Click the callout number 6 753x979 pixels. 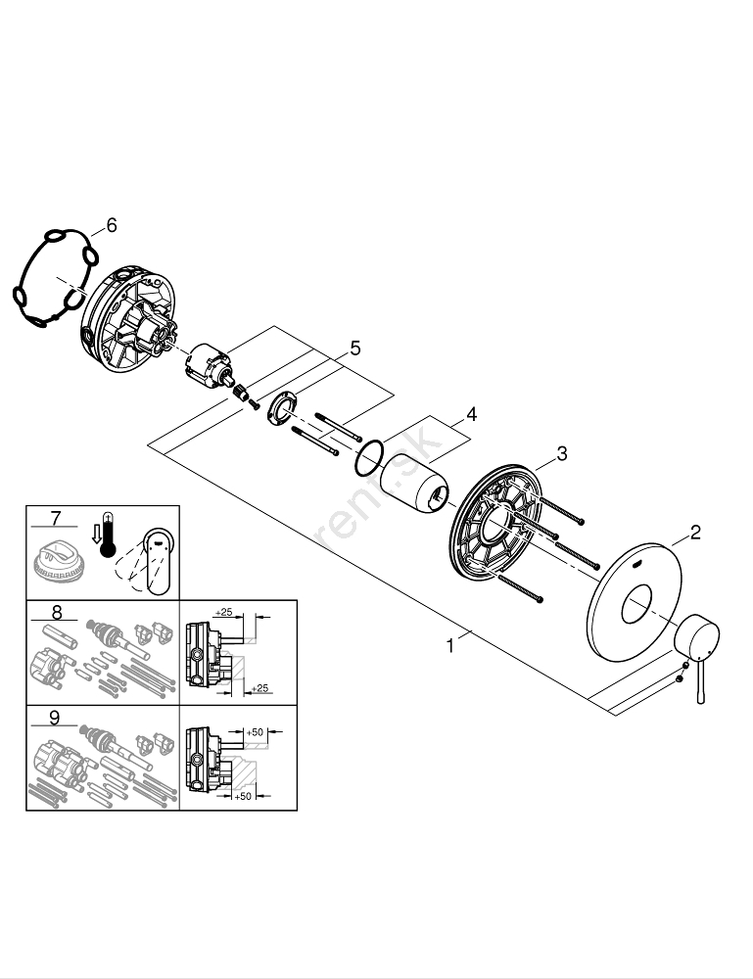click(111, 226)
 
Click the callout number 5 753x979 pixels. click(355, 348)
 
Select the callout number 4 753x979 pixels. click(471, 414)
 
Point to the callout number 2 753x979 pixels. click(695, 533)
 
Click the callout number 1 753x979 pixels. click(449, 645)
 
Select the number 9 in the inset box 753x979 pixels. click(55, 717)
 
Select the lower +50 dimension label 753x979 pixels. click(245, 797)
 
